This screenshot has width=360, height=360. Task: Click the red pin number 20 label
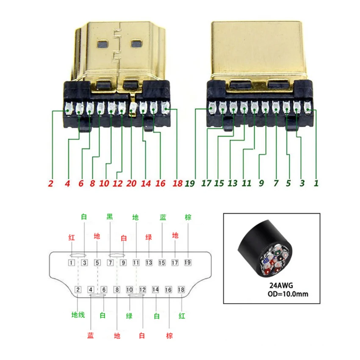tap(132, 184)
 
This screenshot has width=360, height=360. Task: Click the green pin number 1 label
tap(316, 184)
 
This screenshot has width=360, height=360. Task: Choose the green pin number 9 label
tap(261, 184)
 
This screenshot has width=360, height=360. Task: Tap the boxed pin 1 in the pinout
tap(72, 263)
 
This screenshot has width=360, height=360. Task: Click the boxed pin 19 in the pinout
tap(188, 263)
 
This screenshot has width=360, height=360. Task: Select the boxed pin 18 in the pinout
tap(181, 290)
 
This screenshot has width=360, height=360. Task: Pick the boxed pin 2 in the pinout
tap(78, 290)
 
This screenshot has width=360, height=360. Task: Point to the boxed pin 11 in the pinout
tap(136, 263)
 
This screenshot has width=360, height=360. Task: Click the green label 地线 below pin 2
tap(78, 315)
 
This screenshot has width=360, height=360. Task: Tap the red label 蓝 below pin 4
tap(91, 335)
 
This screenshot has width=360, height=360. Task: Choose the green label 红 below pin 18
tap(181, 315)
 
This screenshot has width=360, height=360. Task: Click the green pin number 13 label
tap(232, 184)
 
